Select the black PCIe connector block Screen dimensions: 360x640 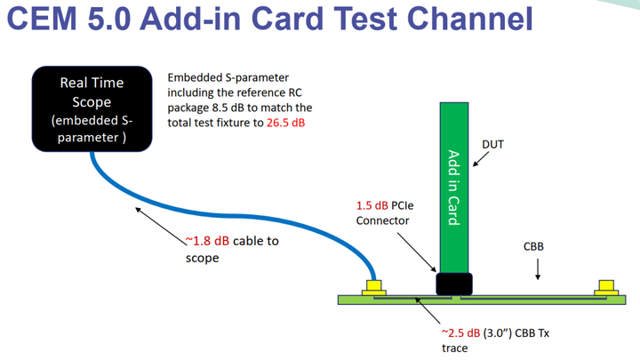click(x=453, y=284)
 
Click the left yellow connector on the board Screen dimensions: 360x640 click(x=373, y=287)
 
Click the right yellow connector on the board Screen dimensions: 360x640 click(x=607, y=287)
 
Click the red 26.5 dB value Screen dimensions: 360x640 click(x=285, y=122)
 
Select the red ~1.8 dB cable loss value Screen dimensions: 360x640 click(x=204, y=240)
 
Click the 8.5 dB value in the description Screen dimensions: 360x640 click(x=229, y=107)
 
